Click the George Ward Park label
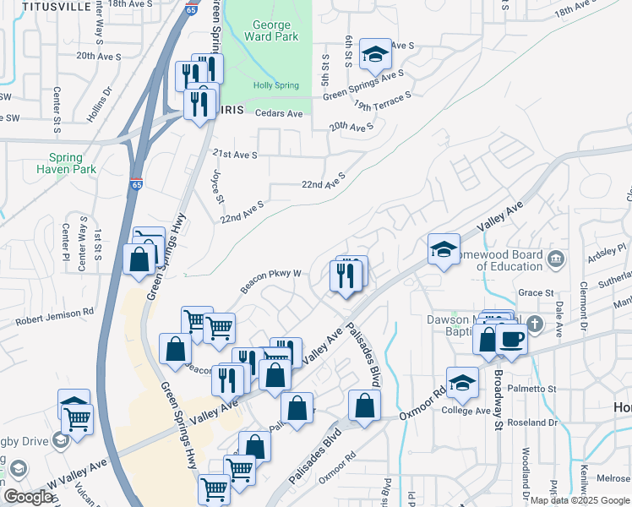pyautogui.click(x=267, y=31)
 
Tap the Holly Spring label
pyautogui.click(x=276, y=85)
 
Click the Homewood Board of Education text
pyautogui.click(x=509, y=260)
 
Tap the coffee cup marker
pyautogui.click(x=511, y=340)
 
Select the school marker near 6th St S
pyautogui.click(x=374, y=55)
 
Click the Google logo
pyautogui.click(x=28, y=497)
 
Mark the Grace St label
pyautogui.click(x=535, y=293)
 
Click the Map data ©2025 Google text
pyautogui.click(x=580, y=499)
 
